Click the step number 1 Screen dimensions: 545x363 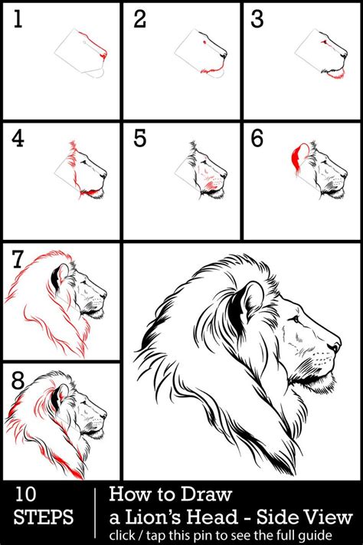tap(18, 20)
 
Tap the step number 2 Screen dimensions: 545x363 tap(139, 20)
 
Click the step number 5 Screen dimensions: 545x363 tap(139, 140)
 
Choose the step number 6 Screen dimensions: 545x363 tap(258, 140)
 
